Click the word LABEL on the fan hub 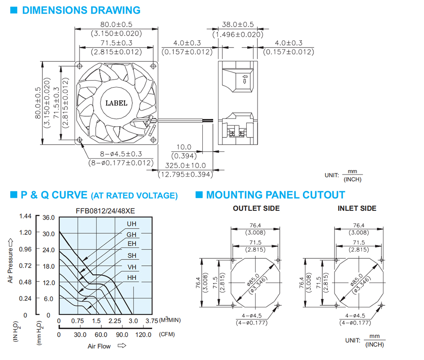116,103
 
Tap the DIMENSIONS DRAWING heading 81,10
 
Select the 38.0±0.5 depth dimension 238,24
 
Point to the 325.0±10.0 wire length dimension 186,165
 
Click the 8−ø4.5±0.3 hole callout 121,154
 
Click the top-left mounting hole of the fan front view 80,66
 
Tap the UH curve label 132,224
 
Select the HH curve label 132,277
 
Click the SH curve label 132,256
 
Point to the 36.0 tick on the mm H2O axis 49,218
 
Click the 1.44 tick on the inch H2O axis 25,216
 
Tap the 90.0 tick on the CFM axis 122,335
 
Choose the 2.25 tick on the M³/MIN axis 115,321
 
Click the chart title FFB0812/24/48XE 105,211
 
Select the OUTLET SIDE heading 257,208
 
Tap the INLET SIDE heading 357,208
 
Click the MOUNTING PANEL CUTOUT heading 276,195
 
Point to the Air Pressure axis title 10,261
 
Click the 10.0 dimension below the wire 184,147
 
